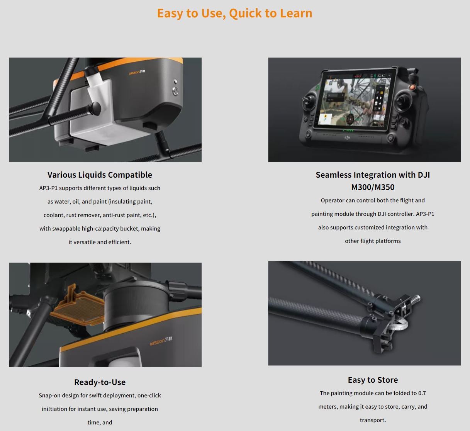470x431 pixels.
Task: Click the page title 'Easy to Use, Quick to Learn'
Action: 234,14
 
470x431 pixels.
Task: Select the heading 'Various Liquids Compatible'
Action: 100,175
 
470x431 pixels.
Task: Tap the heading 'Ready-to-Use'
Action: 100,382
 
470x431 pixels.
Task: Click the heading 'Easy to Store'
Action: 373,380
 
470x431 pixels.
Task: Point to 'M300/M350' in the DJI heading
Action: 373,187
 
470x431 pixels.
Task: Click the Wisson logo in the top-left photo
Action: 137,72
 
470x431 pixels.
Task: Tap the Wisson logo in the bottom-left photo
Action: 161,341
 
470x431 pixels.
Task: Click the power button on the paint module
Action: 175,91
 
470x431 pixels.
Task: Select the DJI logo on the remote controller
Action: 347,137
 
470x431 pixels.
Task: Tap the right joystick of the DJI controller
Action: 402,101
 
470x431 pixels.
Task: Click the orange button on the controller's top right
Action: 412,87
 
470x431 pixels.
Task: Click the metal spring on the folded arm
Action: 416,299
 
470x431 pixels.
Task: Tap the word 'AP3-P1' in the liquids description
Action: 48,188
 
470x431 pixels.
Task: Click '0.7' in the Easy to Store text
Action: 422,393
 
